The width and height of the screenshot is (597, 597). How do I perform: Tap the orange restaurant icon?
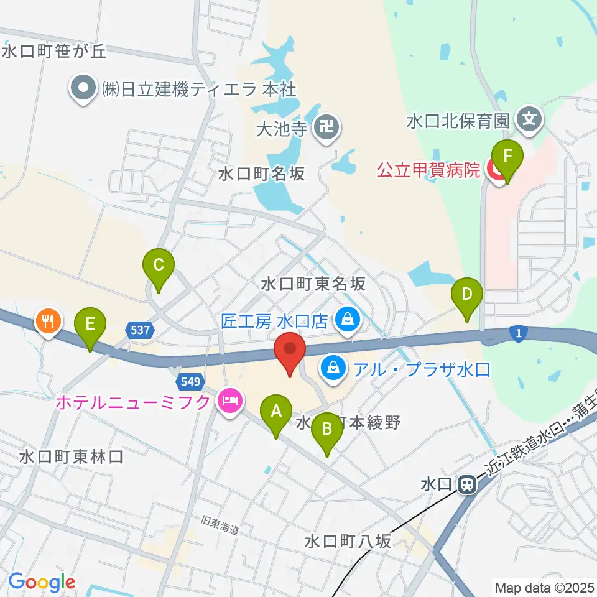click(x=49, y=322)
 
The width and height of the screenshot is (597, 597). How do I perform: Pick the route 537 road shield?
click(x=141, y=330)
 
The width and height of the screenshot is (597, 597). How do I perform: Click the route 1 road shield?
click(x=517, y=335)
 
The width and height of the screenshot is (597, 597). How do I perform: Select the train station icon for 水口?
click(x=466, y=484)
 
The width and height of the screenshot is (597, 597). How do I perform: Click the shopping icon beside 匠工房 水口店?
click(x=348, y=321)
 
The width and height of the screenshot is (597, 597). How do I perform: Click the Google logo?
click(x=42, y=583)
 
